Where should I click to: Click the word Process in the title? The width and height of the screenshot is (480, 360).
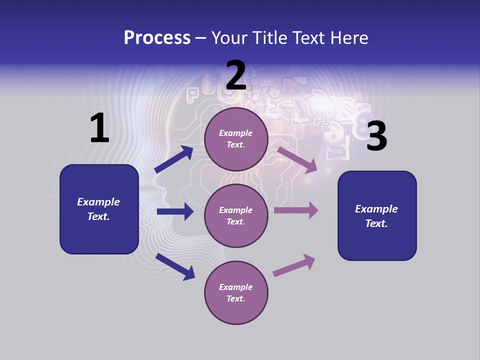pyautogui.click(x=157, y=38)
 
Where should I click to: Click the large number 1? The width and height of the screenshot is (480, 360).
pyautogui.click(x=99, y=128)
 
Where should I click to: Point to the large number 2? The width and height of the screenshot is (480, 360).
pyautogui.click(x=236, y=75)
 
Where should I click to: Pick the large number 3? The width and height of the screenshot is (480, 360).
pyautogui.click(x=376, y=136)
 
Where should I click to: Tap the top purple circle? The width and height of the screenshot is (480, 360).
pyautogui.click(x=236, y=139)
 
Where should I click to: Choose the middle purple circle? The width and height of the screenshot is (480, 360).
pyautogui.click(x=236, y=215)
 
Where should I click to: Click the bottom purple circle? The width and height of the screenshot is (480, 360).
pyautogui.click(x=236, y=292)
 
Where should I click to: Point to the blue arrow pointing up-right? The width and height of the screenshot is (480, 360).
pyautogui.click(x=174, y=159)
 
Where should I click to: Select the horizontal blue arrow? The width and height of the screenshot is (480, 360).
pyautogui.click(x=175, y=211)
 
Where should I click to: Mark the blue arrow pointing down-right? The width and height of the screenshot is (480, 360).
pyautogui.click(x=175, y=266)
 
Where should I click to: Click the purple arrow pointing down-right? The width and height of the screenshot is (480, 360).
pyautogui.click(x=297, y=159)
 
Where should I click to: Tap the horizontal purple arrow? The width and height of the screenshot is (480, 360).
pyautogui.click(x=296, y=210)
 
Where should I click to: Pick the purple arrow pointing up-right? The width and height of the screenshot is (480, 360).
pyautogui.click(x=294, y=265)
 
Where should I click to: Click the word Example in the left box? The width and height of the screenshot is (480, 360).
pyautogui.click(x=98, y=202)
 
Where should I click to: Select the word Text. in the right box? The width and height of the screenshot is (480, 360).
pyautogui.click(x=376, y=223)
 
